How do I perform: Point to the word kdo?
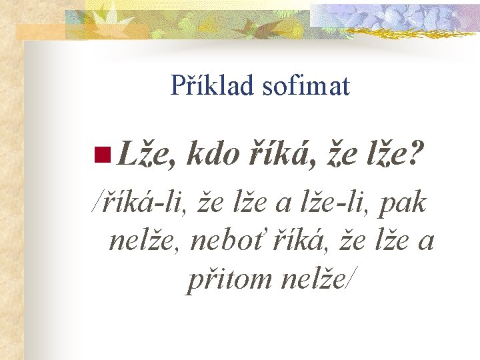pos(213,155)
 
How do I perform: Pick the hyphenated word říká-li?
pos(147,203)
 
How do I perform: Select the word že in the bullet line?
pos(337,156)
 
